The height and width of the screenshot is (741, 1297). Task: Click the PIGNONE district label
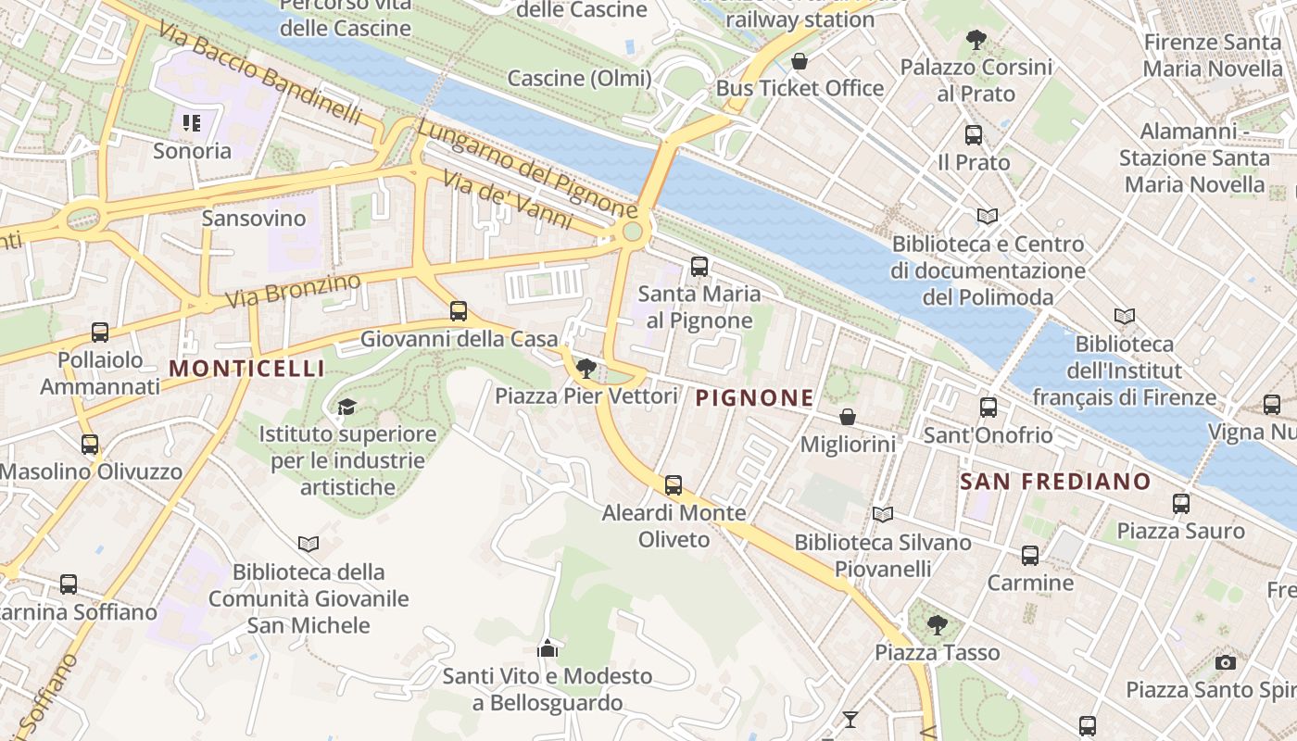(754, 398)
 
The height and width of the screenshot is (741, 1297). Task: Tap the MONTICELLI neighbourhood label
(247, 369)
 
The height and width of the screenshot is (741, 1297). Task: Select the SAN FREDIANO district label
(1055, 482)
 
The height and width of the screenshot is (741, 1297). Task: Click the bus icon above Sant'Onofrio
(988, 407)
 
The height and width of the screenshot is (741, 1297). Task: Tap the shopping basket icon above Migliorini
(847, 418)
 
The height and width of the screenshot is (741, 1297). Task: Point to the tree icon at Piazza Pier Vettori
(586, 369)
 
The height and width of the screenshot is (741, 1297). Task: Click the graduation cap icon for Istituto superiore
(346, 406)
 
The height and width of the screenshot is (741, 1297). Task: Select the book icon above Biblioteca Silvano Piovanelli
(883, 514)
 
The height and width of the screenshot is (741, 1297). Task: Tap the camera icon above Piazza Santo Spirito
(1226, 662)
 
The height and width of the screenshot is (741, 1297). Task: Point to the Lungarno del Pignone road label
(525, 168)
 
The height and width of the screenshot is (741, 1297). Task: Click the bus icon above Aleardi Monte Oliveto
(674, 484)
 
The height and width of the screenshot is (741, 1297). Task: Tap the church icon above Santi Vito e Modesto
(548, 648)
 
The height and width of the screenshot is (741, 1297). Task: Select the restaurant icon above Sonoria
(192, 123)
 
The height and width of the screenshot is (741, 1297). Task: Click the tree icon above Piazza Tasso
(938, 625)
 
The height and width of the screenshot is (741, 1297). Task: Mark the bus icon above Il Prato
(974, 135)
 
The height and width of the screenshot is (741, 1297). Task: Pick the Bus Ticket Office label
(800, 88)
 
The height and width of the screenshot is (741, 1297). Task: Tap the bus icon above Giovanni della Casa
(459, 311)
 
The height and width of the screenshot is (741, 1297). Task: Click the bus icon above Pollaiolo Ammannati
(100, 332)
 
